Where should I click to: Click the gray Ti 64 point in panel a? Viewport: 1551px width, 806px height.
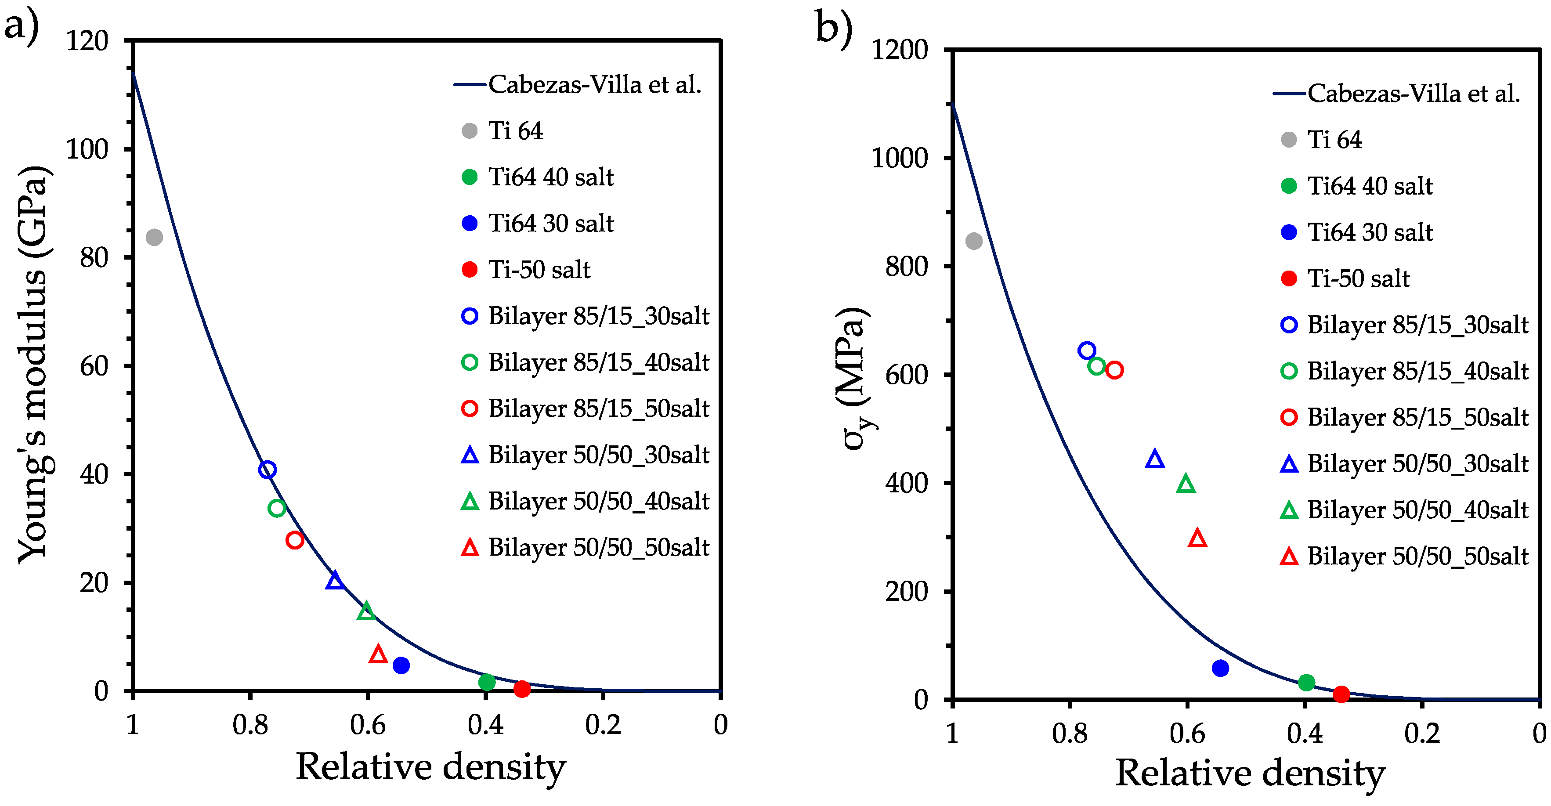click(x=154, y=237)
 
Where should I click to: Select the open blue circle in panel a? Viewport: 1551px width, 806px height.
click(x=268, y=470)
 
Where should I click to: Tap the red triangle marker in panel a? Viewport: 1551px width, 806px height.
click(x=378, y=654)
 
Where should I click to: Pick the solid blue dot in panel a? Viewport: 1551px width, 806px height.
click(x=401, y=665)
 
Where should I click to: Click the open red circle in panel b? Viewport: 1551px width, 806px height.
click(x=1114, y=369)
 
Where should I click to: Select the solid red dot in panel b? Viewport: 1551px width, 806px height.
click(x=1341, y=694)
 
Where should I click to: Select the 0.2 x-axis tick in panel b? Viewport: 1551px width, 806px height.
click(x=1422, y=733)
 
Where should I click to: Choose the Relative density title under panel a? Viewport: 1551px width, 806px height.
click(x=430, y=767)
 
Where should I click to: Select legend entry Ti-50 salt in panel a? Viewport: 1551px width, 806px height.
click(x=539, y=270)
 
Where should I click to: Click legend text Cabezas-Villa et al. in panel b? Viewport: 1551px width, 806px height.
click(x=1413, y=93)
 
